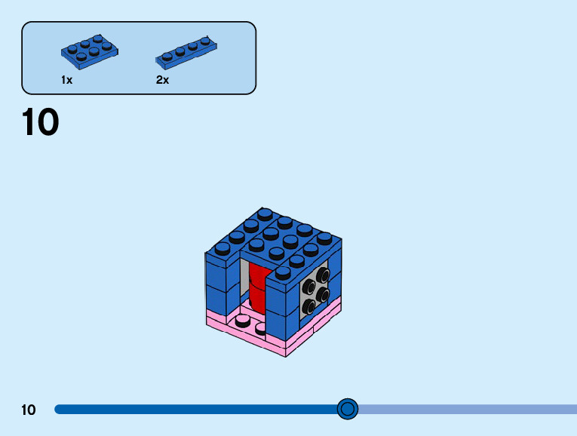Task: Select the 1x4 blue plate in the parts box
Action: pos(188,52)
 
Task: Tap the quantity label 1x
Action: pos(67,79)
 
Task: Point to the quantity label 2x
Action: pos(163,79)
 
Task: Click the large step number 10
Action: pos(40,123)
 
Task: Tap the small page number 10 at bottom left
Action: pos(29,410)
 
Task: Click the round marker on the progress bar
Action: pos(347,409)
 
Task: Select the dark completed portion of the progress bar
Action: pos(196,409)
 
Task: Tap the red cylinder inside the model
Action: pos(257,290)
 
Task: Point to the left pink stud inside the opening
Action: pos(243,321)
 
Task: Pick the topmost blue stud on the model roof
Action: pos(265,213)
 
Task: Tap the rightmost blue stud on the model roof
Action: pos(324,237)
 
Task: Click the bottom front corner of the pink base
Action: pos(285,355)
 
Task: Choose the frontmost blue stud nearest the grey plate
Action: pos(283,272)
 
